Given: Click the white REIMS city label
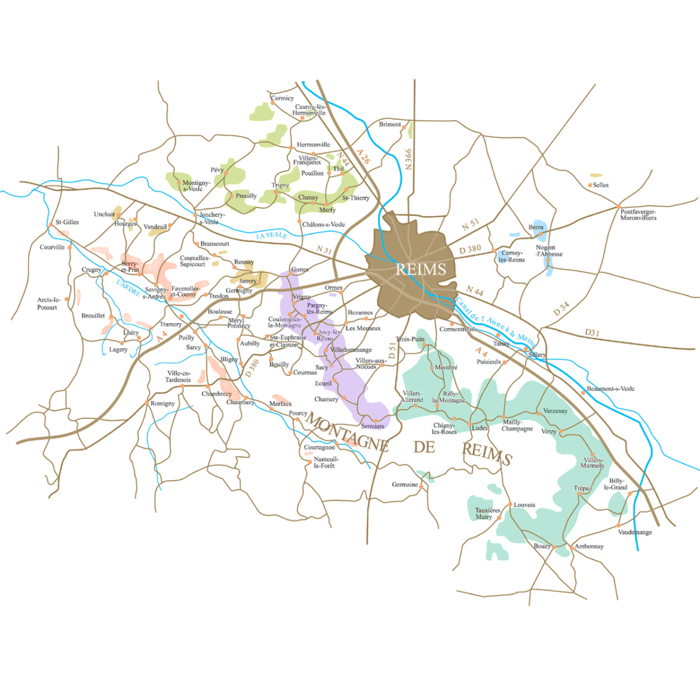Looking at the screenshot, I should point(421,269).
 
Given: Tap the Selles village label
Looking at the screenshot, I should point(600,185).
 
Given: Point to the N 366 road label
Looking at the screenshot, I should point(408,159).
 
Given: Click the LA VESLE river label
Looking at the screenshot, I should point(272,235).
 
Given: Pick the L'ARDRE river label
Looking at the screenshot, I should point(129,288).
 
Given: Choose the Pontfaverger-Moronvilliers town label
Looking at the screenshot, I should point(638,214).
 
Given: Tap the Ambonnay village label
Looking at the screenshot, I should point(589,546).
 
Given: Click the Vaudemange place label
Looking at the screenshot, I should point(635,532).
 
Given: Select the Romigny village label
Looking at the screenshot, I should point(162,404).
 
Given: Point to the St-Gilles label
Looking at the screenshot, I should point(67,222).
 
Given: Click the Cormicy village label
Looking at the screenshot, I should point(283,98).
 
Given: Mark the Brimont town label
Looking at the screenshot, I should point(390,124).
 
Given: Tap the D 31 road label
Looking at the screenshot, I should point(592,332).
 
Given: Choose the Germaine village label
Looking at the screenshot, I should point(405,485).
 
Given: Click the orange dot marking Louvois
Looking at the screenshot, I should point(510,504).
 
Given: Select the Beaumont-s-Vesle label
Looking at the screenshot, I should point(611,389).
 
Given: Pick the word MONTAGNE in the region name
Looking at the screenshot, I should point(347,432).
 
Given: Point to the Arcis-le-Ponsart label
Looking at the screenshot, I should point(48,304).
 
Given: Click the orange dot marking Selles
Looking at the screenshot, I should point(590,185).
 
